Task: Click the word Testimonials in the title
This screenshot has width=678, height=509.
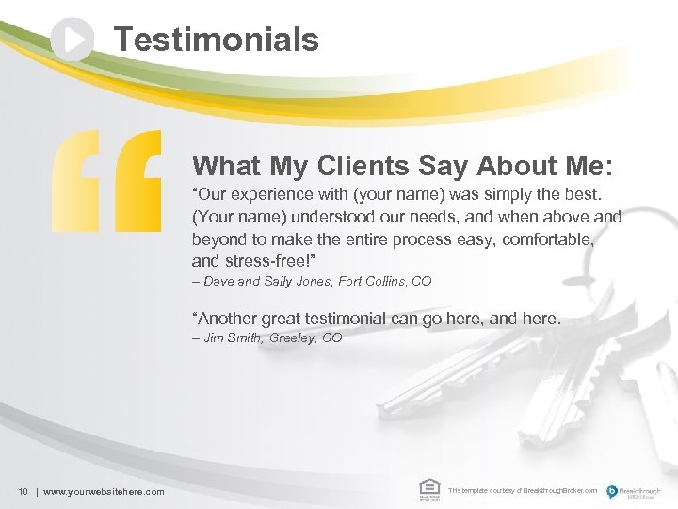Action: (217, 40)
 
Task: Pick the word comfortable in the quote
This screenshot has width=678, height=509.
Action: (547, 239)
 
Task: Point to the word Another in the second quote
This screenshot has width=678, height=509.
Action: (230, 319)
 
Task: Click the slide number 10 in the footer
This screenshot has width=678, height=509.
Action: (23, 491)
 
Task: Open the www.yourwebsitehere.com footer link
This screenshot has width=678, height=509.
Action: (104, 491)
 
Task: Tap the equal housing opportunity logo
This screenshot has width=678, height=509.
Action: (428, 488)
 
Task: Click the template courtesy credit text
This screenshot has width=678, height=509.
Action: (523, 491)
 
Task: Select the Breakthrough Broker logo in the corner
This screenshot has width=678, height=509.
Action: (634, 490)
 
